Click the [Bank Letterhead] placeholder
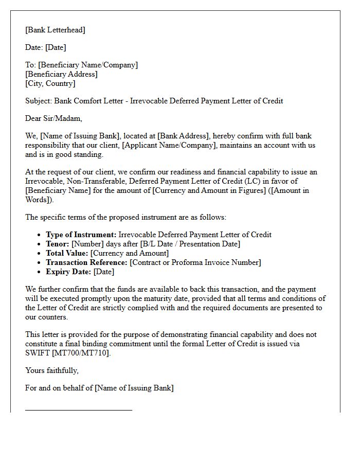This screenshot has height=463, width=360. (55, 30)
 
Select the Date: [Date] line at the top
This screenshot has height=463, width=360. (45, 47)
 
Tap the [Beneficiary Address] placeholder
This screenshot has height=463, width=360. (61, 74)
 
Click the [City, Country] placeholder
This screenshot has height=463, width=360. (50, 83)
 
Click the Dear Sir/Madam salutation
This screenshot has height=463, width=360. (53, 118)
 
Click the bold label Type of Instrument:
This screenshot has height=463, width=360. (81, 235)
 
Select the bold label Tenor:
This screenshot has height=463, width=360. (58, 244)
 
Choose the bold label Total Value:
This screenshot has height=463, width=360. (67, 253)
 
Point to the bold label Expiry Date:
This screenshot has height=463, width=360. (68, 272)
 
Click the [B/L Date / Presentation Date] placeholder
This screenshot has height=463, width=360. (182, 244)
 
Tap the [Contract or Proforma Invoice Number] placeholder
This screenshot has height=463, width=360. (195, 262)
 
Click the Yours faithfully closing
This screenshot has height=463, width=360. (52, 370)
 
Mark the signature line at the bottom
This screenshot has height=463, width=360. (79, 410)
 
